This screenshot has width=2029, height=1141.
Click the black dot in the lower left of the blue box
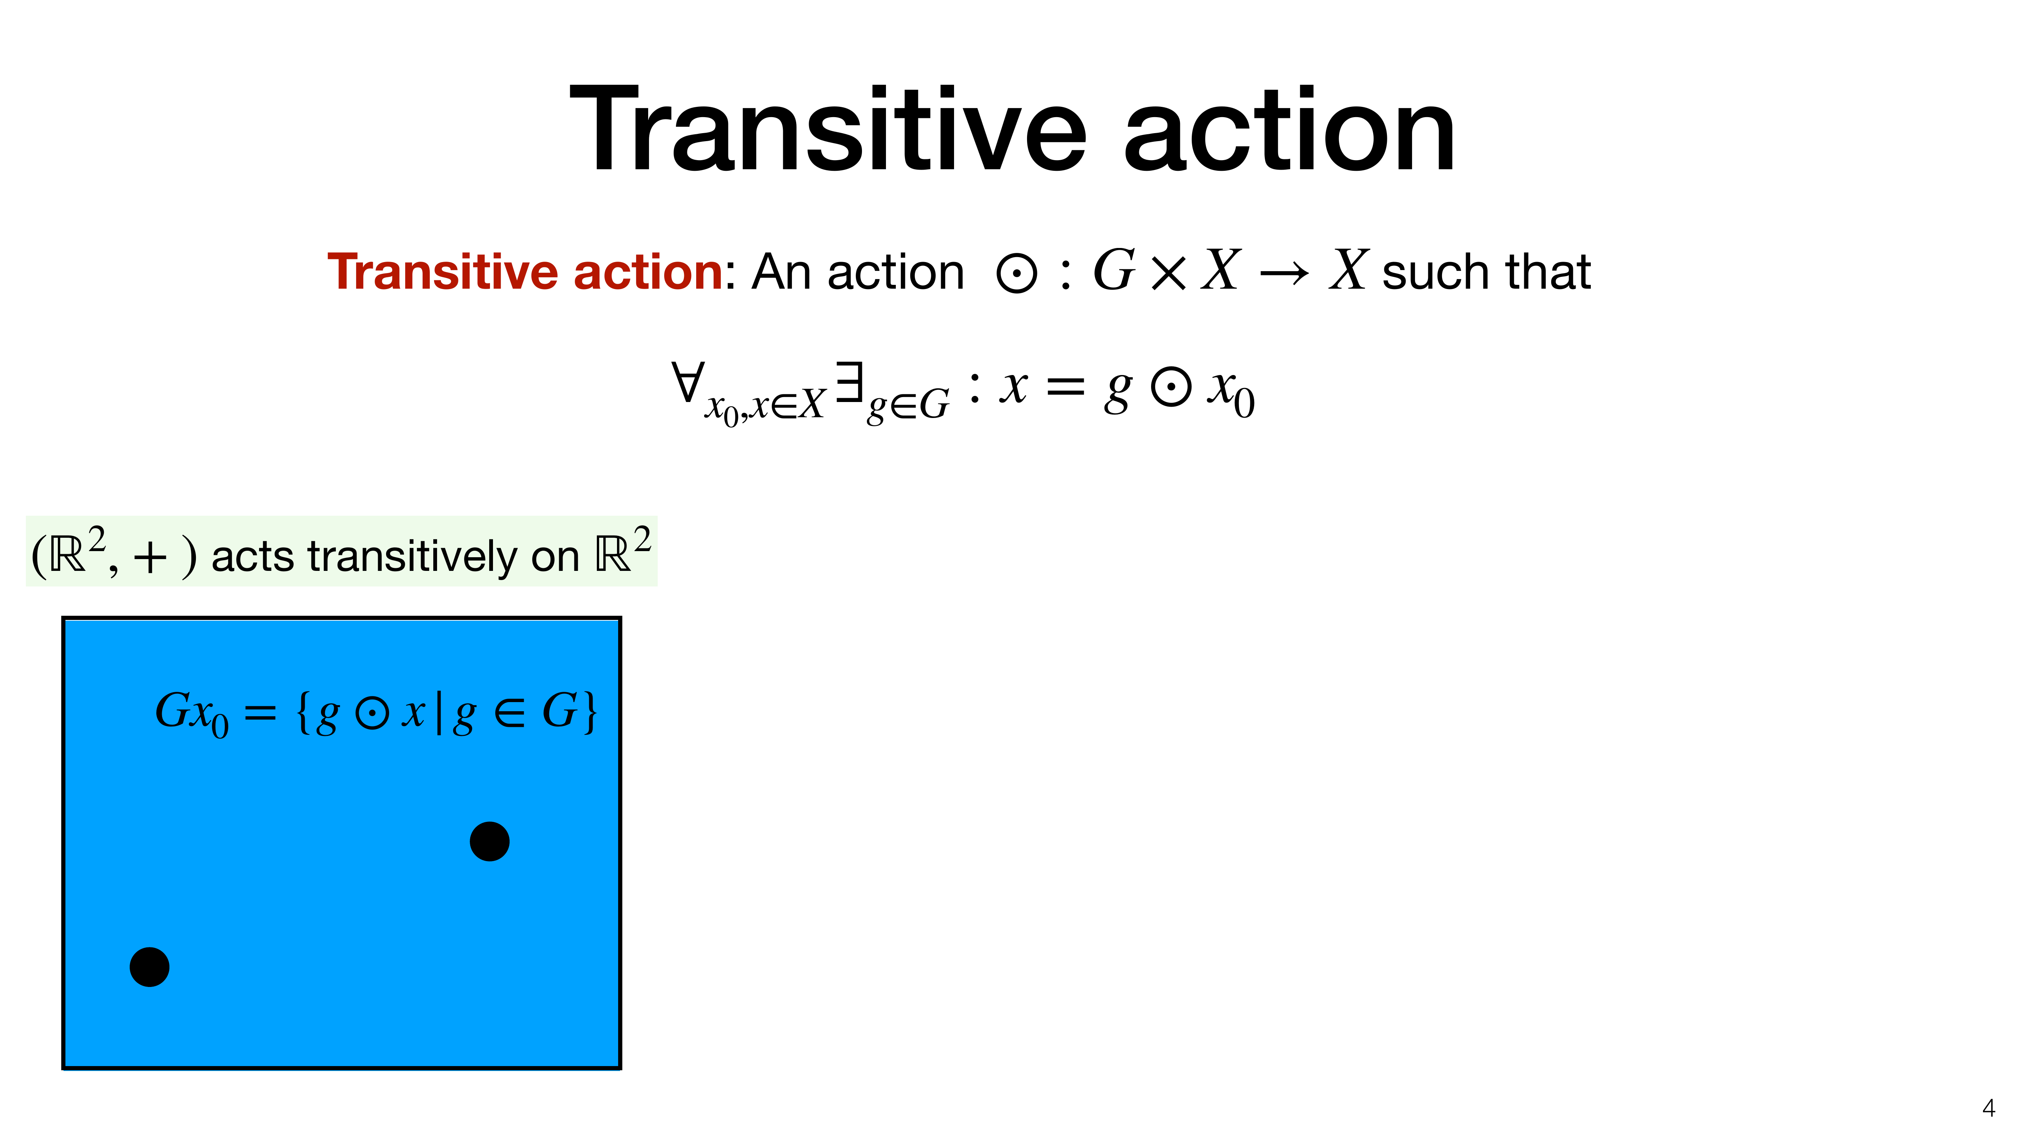click(x=149, y=967)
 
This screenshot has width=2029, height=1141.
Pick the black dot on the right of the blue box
click(x=489, y=841)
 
